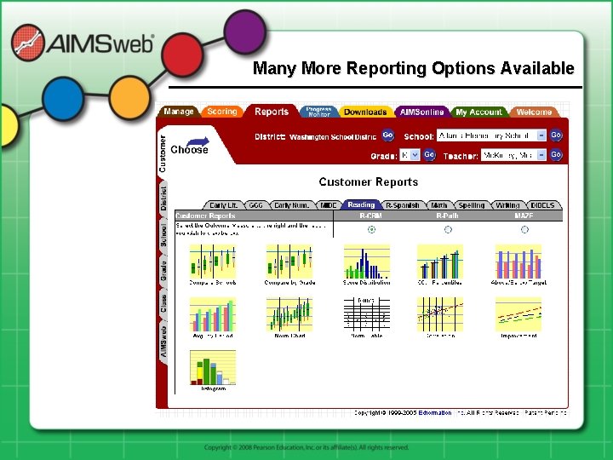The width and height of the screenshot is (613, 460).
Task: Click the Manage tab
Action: coord(179,112)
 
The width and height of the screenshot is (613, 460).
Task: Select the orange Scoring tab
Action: coord(222,112)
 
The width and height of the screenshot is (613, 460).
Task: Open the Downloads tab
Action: coord(365,112)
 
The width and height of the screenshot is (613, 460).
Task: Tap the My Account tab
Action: coord(478,112)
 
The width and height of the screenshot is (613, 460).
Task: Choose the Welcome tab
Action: coord(534,112)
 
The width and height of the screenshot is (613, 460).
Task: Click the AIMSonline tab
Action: coord(421,112)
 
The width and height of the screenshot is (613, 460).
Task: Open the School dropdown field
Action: coord(491,135)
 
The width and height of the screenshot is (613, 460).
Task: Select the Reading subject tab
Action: coord(361,205)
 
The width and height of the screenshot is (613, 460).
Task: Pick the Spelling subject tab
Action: coord(471,205)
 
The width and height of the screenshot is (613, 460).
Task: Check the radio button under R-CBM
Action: coord(370,229)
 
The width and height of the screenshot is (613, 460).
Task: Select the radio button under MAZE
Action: coord(524,229)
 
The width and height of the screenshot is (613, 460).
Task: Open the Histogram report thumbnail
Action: coord(212,368)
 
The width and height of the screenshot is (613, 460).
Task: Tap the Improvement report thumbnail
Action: coord(518,315)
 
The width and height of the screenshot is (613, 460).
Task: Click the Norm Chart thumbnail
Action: coord(289,315)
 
